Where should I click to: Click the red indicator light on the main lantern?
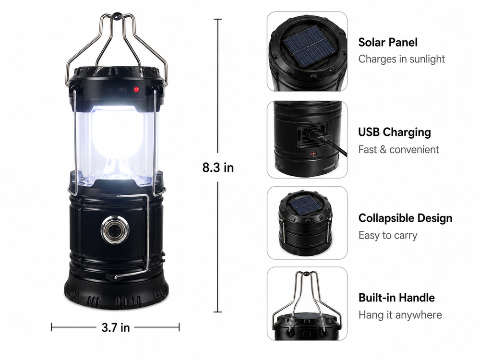136,90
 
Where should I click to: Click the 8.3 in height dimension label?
218,168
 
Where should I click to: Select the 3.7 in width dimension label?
115,327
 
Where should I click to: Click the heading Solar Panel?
387,42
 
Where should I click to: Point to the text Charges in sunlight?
401,59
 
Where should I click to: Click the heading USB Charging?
394,132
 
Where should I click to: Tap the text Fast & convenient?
398,149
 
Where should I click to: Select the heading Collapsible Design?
405,218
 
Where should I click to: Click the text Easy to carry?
387,235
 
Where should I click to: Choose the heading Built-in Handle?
396,298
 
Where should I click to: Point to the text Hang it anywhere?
400,315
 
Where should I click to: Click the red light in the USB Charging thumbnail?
313,154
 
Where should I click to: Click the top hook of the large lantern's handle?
116,14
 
